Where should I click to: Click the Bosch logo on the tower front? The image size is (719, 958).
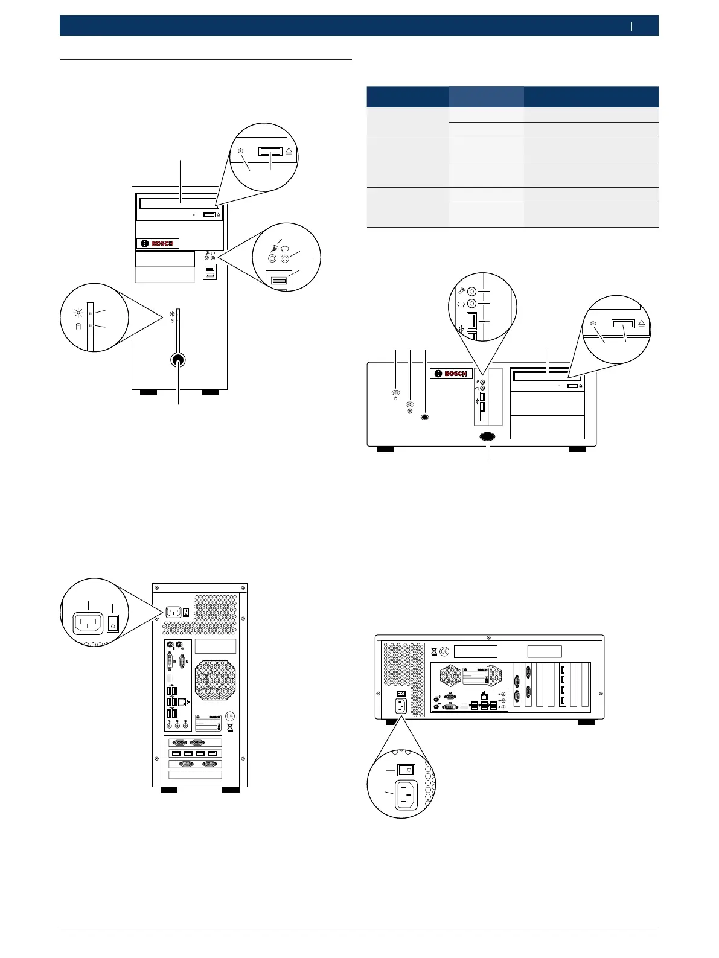click(158, 243)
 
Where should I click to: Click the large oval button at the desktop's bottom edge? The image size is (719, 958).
click(488, 436)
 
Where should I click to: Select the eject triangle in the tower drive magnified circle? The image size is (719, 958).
click(289, 152)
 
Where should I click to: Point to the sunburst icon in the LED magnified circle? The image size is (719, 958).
click(77, 312)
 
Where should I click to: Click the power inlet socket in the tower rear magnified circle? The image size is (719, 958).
click(88, 624)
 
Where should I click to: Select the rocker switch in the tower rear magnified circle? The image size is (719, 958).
click(112, 624)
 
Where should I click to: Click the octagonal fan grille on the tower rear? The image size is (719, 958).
click(214, 680)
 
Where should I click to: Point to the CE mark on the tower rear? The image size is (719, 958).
click(230, 716)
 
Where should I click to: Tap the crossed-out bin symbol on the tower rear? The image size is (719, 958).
click(230, 727)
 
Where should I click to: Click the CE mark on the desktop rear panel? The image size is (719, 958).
click(444, 651)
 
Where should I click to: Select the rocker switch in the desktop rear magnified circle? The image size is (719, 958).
click(406, 770)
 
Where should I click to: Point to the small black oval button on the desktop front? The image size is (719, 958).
click(426, 417)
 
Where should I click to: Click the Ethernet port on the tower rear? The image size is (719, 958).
click(182, 702)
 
